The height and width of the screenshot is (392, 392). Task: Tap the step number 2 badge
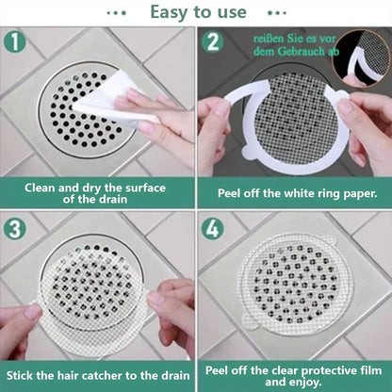pyautogui.click(x=214, y=42)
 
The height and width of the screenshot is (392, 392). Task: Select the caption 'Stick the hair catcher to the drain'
pyautogui.click(x=97, y=375)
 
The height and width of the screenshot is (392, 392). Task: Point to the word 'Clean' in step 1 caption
pyautogui.click(x=43, y=187)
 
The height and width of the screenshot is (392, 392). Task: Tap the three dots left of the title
pyautogui.click(x=117, y=12)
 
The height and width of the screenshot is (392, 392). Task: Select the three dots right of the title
pyautogui.click(x=274, y=12)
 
